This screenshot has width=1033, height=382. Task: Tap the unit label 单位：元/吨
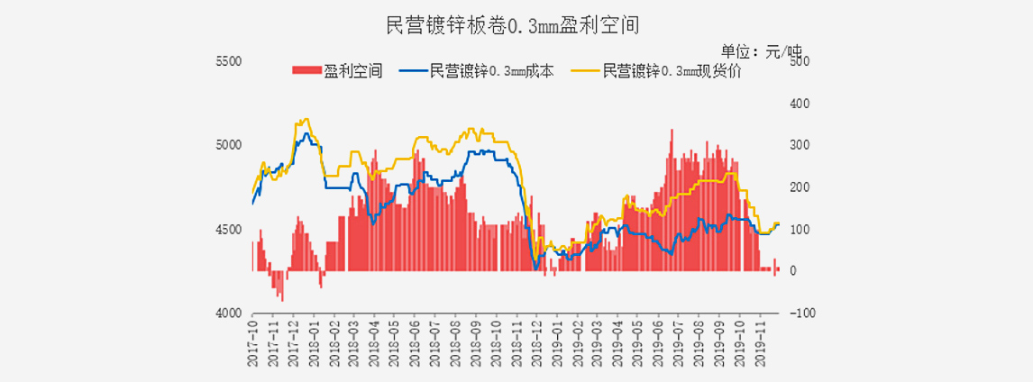click(761, 50)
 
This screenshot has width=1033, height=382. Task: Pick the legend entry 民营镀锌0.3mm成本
click(492, 71)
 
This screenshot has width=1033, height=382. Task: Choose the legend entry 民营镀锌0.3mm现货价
click(672, 71)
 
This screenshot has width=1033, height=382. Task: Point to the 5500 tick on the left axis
click(231, 61)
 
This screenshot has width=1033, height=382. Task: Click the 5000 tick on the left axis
click(231, 145)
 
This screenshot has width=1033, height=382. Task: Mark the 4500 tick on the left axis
click(231, 230)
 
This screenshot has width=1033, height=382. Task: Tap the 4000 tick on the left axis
click(231, 313)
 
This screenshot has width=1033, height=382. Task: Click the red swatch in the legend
click(306, 71)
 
